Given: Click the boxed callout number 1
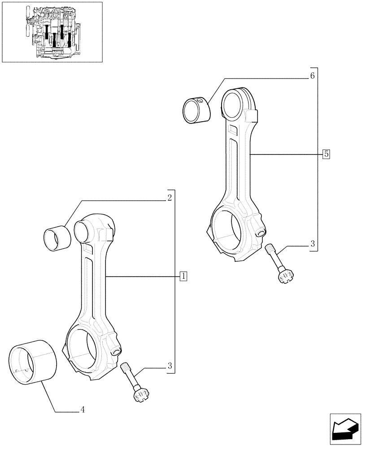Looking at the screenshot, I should pyautogui.click(x=183, y=276).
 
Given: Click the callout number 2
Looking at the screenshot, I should pyautogui.click(x=170, y=198).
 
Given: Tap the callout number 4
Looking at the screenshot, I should pyautogui.click(x=83, y=409).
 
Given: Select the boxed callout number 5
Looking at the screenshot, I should pyautogui.click(x=326, y=154).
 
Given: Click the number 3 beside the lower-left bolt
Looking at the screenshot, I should pyautogui.click(x=170, y=366).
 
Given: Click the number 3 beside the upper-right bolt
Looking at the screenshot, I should pyautogui.click(x=312, y=244).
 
